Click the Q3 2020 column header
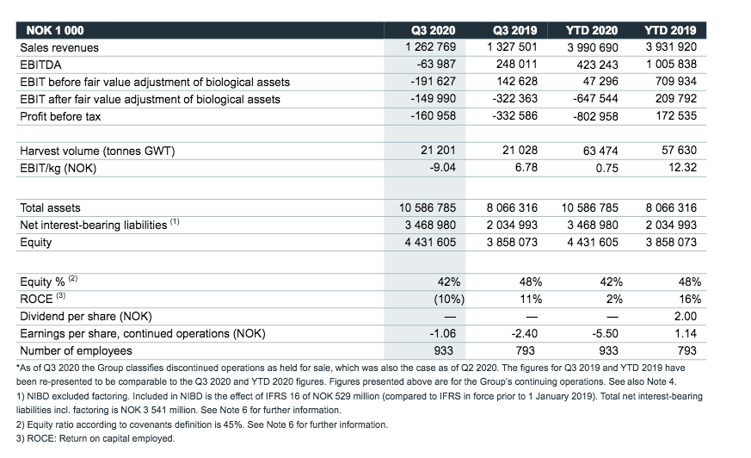tap(433, 30)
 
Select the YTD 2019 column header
tap(670, 30)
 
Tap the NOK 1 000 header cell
tap(55, 30)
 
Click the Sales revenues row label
tap(59, 47)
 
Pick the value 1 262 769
tap(431, 47)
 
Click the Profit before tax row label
tap(60, 116)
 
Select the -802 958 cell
tap(595, 116)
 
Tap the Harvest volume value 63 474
tap(600, 151)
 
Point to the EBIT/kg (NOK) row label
tap(58, 168)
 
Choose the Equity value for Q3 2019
tap(512, 242)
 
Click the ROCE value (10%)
tap(449, 299)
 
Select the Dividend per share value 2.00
tap(686, 316)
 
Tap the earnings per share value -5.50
tap(605, 333)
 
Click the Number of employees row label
tap(76, 350)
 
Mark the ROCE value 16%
tap(690, 299)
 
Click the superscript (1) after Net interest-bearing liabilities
tap(175, 221)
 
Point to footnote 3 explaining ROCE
tap(95, 438)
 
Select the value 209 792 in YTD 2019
tap(676, 99)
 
